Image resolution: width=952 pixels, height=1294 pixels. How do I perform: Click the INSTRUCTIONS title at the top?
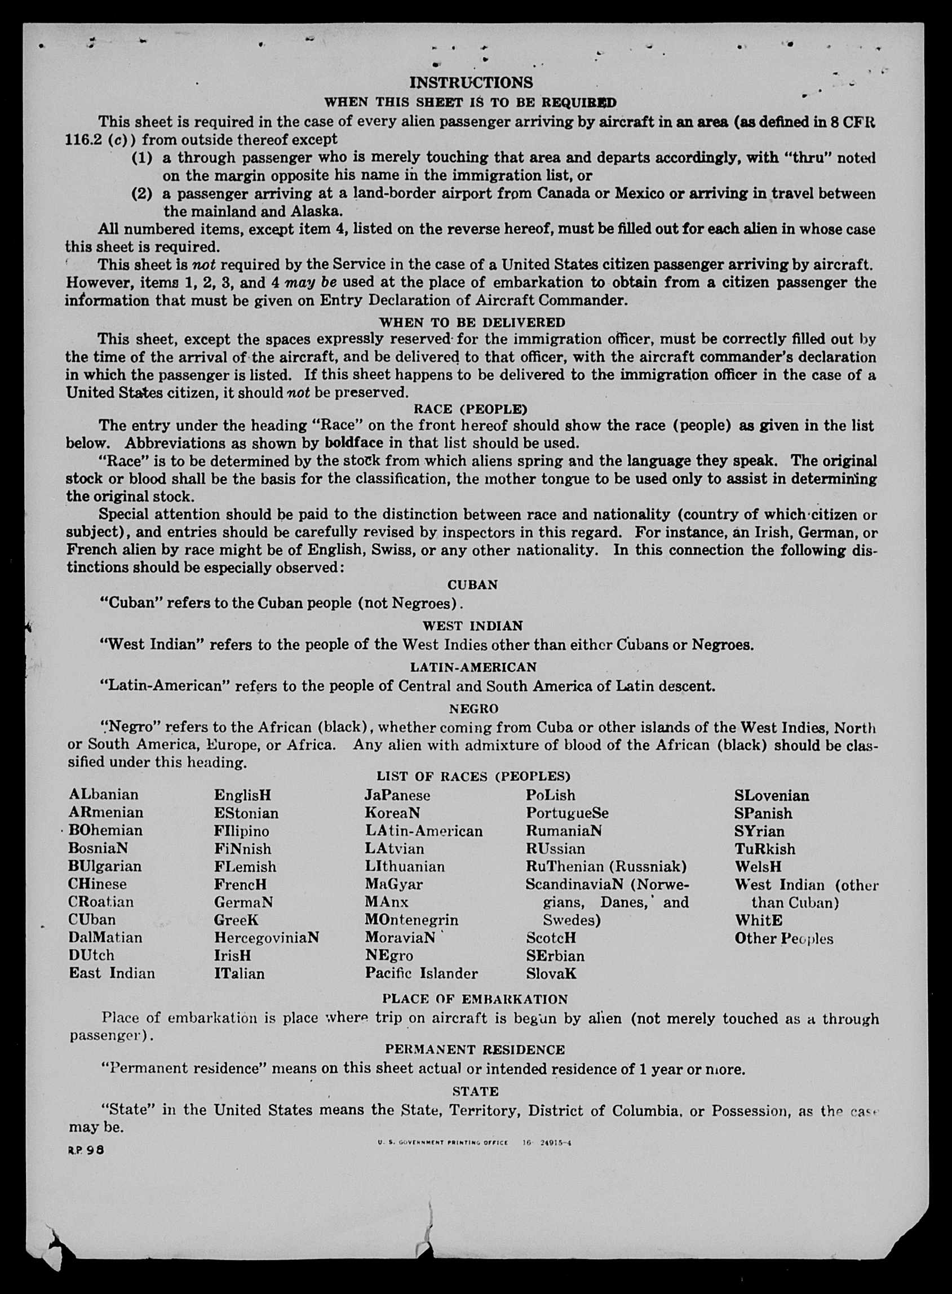coord(471,83)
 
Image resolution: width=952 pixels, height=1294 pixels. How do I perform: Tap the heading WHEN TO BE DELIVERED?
coord(472,321)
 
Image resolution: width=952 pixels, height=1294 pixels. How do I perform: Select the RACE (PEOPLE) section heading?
coord(470,409)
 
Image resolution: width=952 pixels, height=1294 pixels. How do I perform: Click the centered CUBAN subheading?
coord(472,585)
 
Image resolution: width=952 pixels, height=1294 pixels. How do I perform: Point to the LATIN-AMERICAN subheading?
coord(473,667)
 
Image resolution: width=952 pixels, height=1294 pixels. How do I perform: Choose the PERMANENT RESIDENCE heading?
coord(475,1050)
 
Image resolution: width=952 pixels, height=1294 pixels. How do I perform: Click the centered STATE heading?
coord(475,1091)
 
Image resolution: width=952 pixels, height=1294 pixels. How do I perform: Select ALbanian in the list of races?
coord(104,795)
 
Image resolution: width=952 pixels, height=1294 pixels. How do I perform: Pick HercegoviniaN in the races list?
coord(266,937)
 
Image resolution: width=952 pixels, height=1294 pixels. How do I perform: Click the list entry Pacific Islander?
coord(421,973)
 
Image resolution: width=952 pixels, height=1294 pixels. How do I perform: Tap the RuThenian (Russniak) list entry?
coord(606,866)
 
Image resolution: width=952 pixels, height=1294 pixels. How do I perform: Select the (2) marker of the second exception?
coord(143,193)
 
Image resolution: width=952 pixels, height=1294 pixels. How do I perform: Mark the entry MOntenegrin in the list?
coord(411,920)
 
